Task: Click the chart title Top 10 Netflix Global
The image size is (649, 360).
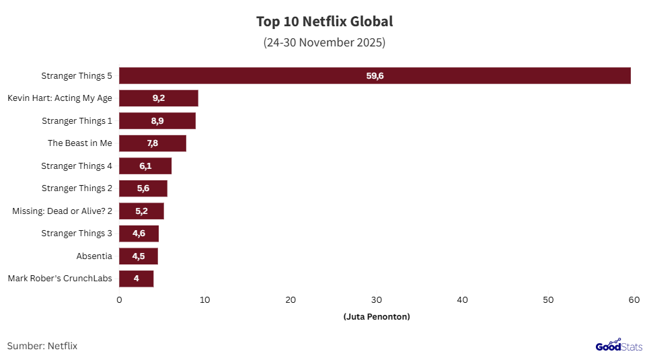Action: click(324, 22)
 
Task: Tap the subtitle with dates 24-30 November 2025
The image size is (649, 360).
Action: click(324, 42)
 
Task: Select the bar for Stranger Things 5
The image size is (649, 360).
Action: click(375, 75)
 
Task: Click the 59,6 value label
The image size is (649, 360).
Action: click(375, 76)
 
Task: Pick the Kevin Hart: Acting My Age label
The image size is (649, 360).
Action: click(60, 98)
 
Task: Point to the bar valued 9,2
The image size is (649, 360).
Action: click(159, 98)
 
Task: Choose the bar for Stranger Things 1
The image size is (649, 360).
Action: click(157, 120)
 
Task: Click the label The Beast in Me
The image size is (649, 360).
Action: click(80, 143)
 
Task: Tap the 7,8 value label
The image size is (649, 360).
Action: click(153, 143)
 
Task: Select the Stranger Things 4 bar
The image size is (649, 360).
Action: click(145, 166)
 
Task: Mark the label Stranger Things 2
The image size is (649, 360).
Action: click(77, 188)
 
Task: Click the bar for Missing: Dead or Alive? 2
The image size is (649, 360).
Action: click(141, 211)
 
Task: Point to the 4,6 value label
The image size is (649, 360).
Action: click(139, 233)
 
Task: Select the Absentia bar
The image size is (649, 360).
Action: click(139, 256)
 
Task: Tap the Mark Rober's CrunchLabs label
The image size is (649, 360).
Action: click(60, 279)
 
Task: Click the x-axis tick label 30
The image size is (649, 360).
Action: click(377, 299)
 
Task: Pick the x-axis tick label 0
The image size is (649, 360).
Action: click(119, 299)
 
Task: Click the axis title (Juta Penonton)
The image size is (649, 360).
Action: click(376, 316)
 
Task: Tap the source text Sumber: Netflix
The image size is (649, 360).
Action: click(42, 346)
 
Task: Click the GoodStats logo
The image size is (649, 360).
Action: click(619, 346)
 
